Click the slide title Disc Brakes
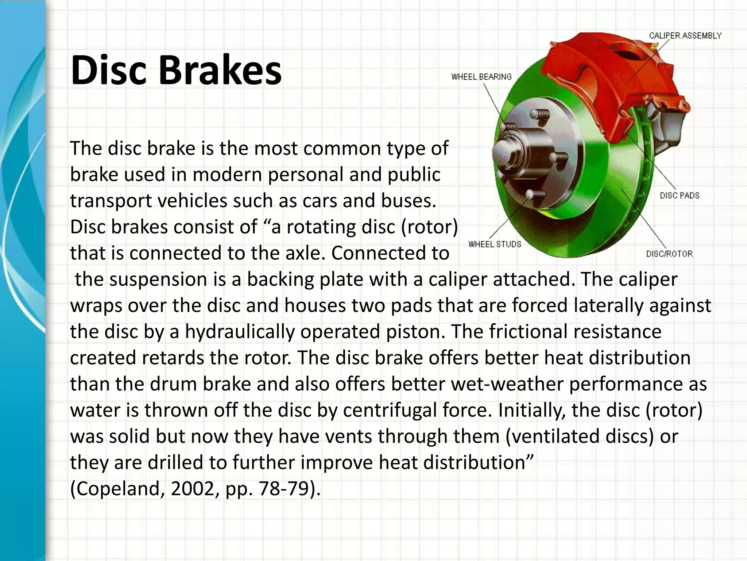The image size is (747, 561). point(176,70)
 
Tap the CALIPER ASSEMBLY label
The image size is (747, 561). point(685,36)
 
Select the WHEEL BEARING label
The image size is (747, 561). point(481,77)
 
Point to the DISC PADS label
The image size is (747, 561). point(680,196)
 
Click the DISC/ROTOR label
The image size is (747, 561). point(669,254)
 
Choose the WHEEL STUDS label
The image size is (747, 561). point(495,244)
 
